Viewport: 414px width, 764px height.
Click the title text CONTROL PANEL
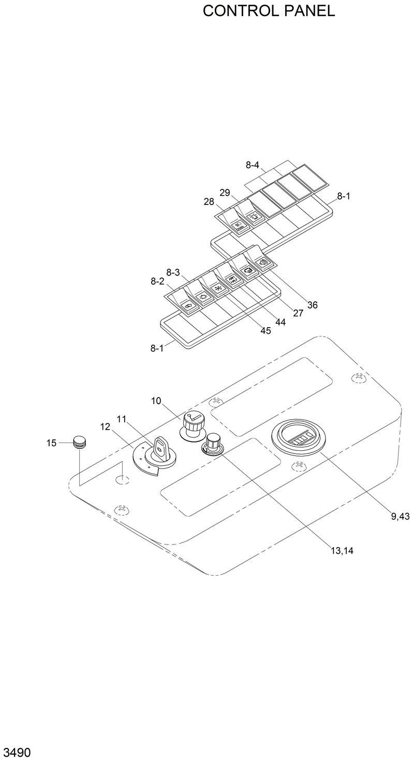coord(269,11)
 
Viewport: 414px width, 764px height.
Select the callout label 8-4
coord(252,165)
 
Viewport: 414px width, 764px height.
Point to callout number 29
coord(225,193)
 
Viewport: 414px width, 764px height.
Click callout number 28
coord(209,202)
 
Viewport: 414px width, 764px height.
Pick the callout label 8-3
coord(173,272)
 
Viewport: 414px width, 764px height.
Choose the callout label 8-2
coord(157,281)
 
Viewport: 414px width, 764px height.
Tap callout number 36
coord(312,305)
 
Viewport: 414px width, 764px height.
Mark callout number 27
coord(298,313)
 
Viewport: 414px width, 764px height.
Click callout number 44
coord(280,322)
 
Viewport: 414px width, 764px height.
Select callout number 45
coord(265,331)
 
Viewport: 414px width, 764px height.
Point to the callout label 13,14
coord(342,551)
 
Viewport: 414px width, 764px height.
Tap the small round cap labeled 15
coord(79,442)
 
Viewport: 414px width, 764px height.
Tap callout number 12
coord(105,427)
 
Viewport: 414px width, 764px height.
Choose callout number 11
coord(121,419)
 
